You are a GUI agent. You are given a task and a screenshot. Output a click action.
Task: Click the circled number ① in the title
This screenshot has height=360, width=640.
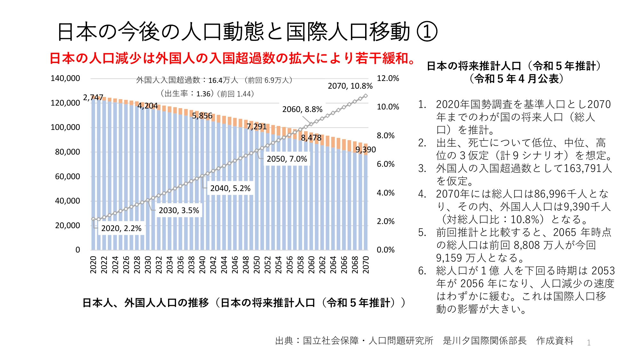click(427, 32)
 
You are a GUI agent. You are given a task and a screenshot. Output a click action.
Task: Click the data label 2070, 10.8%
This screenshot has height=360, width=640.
click(350, 86)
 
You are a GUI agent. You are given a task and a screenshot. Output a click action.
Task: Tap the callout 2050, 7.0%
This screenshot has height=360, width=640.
click(287, 159)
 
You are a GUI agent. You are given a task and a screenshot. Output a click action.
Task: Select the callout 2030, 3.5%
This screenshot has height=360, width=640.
click(179, 211)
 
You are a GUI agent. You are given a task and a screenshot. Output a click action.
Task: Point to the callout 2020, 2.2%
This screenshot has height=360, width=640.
click(121, 228)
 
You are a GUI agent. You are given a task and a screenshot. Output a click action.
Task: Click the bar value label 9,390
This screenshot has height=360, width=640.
click(365, 150)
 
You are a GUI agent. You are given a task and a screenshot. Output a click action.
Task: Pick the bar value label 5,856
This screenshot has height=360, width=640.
click(202, 116)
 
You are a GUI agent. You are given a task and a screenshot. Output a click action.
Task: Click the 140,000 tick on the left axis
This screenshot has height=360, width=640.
click(65, 78)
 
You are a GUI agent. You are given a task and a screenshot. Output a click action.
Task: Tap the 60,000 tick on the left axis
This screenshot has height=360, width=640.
click(68, 177)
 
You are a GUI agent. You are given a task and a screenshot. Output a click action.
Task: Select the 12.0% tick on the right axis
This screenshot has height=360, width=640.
click(388, 78)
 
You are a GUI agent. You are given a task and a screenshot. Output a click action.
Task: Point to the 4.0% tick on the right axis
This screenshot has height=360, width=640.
click(386, 193)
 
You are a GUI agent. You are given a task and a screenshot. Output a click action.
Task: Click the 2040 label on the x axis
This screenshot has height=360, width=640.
click(202, 265)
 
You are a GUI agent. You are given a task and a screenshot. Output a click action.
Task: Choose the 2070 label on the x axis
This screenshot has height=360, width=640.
click(366, 265)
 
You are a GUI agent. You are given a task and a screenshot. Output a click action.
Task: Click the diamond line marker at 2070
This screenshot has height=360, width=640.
click(366, 96)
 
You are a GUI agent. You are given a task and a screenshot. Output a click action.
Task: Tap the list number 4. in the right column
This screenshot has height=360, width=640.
click(422, 194)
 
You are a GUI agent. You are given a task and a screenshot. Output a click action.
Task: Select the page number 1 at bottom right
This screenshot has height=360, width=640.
click(588, 343)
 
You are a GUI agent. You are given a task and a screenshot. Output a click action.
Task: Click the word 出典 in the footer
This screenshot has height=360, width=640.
click(284, 341)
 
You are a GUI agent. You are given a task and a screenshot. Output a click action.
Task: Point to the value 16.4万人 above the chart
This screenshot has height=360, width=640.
click(223, 80)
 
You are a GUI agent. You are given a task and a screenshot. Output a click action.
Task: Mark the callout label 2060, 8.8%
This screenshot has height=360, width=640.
click(302, 109)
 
